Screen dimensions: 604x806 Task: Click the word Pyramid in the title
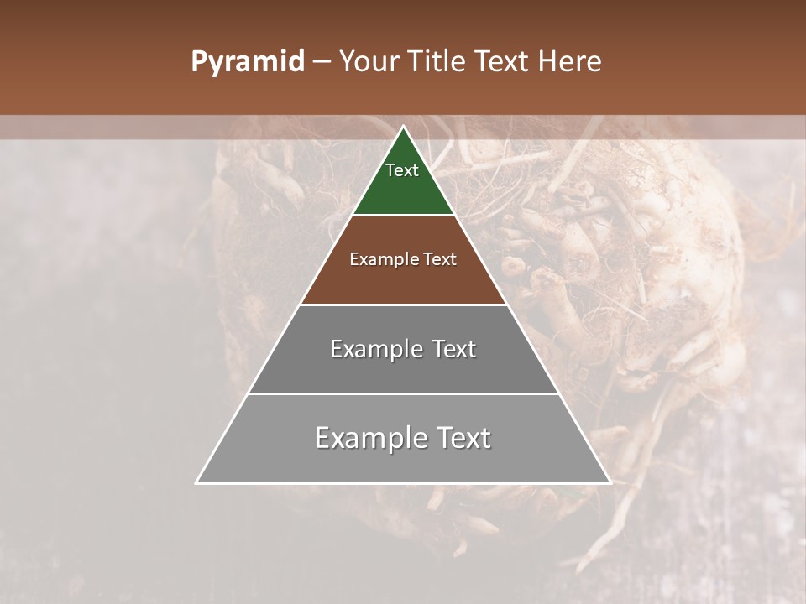coord(247,62)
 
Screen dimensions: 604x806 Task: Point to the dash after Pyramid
coord(321,62)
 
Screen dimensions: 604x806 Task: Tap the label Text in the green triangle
coord(402,170)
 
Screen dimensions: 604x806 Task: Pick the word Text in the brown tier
coord(440,259)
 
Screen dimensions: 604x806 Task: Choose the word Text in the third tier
coord(454,349)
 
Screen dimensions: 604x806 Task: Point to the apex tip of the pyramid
coord(403,128)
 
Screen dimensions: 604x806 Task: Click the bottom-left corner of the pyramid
coord(197,482)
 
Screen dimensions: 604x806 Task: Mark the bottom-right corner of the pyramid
coord(610,482)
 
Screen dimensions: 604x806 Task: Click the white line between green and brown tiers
coord(403,216)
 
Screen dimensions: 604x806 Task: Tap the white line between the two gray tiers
coord(403,393)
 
